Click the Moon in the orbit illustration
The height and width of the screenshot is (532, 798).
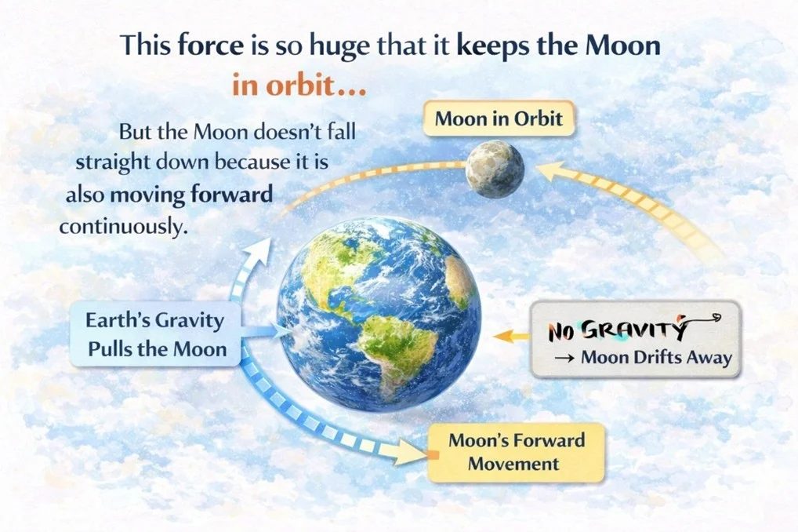tap(495, 168)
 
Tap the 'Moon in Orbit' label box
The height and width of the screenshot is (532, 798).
tap(499, 119)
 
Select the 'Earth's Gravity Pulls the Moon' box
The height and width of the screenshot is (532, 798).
tap(156, 334)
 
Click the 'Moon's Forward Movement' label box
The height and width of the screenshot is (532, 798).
tap(516, 451)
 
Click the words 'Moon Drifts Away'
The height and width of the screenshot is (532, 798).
tap(655, 358)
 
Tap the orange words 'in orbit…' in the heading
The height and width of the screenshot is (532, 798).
tap(300, 85)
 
